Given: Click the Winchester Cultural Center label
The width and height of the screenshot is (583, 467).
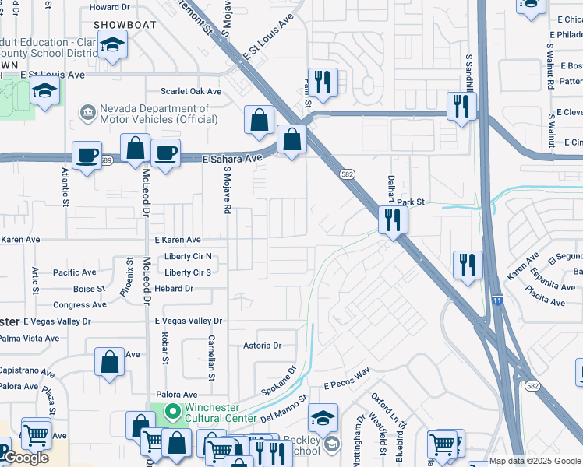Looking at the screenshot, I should [x=220, y=413].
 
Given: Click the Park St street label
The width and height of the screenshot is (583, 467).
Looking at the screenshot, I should [x=410, y=202].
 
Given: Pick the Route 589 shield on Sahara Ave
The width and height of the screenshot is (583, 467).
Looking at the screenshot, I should [x=107, y=160].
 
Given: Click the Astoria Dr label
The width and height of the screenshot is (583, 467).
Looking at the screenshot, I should [x=262, y=345].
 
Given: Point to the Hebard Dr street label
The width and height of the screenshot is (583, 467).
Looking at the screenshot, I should [x=174, y=288].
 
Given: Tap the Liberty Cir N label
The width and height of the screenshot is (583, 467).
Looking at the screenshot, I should [x=188, y=257].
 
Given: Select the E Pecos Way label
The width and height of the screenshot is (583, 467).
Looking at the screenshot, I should [x=347, y=380].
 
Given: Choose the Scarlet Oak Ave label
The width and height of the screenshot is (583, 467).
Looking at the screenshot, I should [x=191, y=91].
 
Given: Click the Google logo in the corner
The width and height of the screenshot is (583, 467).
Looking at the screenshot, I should [x=25, y=458].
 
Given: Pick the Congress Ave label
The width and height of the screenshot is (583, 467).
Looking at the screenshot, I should [x=79, y=305].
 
